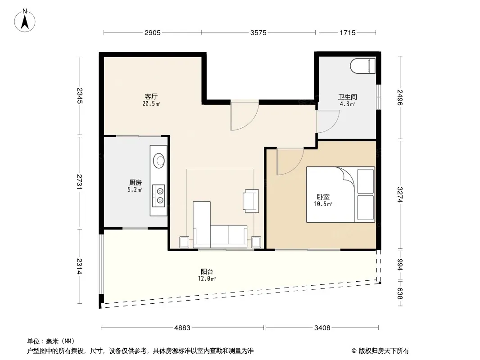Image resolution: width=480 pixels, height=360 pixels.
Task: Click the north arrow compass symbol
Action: [x=25, y=21]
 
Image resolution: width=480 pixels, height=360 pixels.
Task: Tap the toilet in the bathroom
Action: [x=363, y=66]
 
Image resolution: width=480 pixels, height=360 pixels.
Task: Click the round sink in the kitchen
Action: [x=159, y=160]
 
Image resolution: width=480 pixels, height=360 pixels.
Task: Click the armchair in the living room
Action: [x=251, y=201]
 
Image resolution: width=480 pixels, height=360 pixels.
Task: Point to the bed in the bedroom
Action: [x=340, y=194]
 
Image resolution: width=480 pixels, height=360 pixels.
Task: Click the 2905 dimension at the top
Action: [x=153, y=33]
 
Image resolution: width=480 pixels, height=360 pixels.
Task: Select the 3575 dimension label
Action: [x=258, y=33]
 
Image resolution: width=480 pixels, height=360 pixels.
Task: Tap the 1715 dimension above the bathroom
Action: [x=348, y=33]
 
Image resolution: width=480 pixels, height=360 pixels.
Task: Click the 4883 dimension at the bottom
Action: [x=182, y=328]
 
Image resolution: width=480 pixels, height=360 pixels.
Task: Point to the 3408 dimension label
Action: [x=322, y=328]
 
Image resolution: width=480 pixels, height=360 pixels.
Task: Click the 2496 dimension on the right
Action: [x=400, y=97]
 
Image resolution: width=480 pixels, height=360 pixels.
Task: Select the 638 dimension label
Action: [x=400, y=293]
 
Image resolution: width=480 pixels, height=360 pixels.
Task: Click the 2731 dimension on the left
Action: [x=80, y=182]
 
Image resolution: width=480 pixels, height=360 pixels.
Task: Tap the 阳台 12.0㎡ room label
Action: [x=207, y=274]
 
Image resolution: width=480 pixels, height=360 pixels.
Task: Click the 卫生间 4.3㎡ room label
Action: [x=348, y=100]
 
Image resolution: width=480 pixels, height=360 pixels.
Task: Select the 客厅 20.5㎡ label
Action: [x=151, y=100]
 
